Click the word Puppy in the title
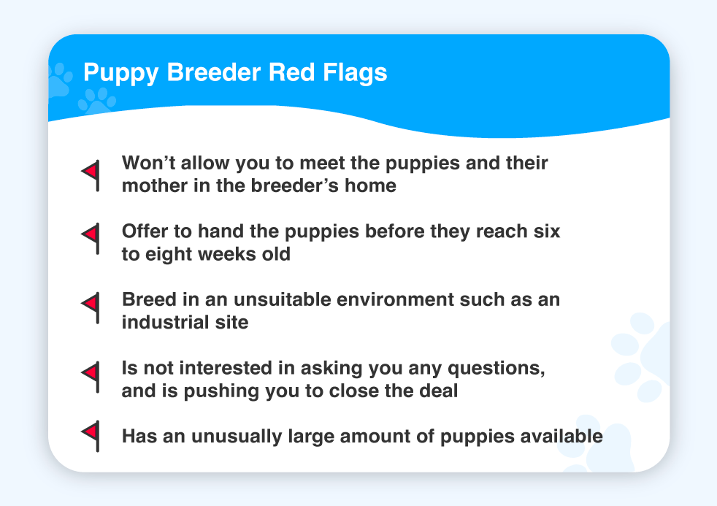coord(120,73)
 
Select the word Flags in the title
coord(355,73)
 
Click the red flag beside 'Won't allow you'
coord(91,175)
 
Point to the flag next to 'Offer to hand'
coord(91,239)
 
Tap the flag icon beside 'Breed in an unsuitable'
coord(91,308)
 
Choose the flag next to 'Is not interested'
coord(91,377)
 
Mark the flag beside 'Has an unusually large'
coord(91,436)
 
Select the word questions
coord(496,369)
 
